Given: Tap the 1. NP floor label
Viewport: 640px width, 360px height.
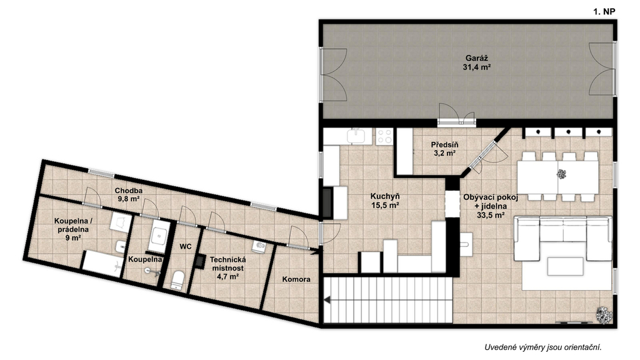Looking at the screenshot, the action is coord(604,12).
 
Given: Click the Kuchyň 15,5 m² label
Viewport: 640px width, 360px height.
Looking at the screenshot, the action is coord(385,200).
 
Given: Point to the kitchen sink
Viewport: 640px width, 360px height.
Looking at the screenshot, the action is coord(358,136).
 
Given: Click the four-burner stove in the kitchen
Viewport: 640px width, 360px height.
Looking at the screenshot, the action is coord(384,136).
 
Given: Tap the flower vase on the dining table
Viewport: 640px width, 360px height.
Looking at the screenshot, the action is coord(562,174).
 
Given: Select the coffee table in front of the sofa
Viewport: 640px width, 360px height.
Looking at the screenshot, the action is coord(565,266).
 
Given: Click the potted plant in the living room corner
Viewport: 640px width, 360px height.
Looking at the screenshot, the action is coord(604,315).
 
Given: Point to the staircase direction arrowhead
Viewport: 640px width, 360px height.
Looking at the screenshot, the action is coord(327,301).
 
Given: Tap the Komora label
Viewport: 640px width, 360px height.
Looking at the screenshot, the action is coord(296,279).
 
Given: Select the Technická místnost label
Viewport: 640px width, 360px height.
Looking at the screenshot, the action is coord(227,267).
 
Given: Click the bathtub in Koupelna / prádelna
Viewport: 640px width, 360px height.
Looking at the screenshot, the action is coord(103,264).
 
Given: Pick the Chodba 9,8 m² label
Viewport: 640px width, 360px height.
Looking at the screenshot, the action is coord(128,195).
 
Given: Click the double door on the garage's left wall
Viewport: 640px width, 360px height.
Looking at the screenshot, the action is coord(334,75).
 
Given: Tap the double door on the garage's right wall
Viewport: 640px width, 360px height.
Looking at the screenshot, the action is coord(602,69).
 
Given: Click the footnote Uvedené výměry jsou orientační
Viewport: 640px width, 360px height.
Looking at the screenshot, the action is coord(543,347).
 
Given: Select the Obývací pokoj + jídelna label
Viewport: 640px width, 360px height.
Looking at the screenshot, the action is coord(491,206).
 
